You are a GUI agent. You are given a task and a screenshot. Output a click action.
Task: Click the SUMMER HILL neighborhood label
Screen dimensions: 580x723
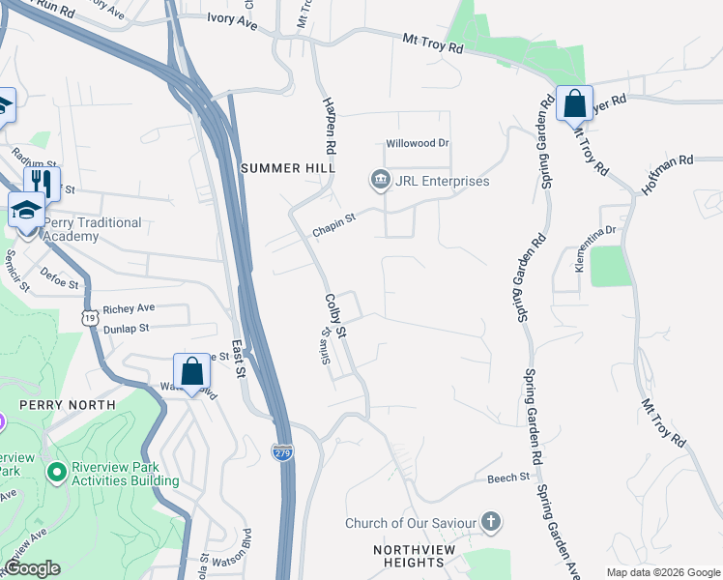(x=287, y=168)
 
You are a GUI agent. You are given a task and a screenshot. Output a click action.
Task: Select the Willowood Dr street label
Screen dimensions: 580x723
(x=419, y=143)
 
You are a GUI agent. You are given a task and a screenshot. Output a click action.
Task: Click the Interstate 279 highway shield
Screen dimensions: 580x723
(x=282, y=451)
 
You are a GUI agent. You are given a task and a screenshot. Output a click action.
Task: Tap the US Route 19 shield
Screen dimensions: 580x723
(x=90, y=317)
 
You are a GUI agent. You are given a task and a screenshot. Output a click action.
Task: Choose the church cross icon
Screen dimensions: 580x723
(x=491, y=523)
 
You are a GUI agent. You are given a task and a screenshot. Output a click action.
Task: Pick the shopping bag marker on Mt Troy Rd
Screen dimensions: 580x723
(x=573, y=102)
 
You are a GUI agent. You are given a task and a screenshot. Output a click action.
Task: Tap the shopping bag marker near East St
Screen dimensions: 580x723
(x=191, y=371)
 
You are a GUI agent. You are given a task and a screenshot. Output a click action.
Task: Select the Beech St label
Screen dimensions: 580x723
(x=509, y=478)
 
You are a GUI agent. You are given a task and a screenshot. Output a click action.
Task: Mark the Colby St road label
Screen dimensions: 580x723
(x=335, y=316)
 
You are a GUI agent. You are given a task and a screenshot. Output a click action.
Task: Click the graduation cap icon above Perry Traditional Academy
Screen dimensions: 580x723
(x=26, y=208)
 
